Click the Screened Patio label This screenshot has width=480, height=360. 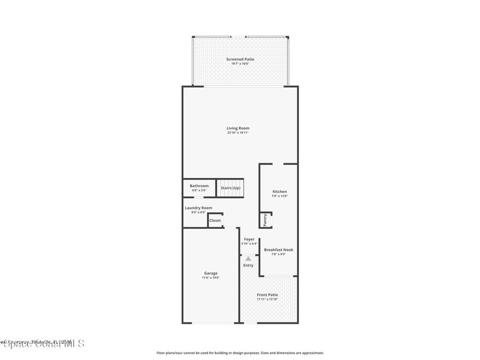[x=240, y=59]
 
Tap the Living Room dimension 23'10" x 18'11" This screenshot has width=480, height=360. [x=238, y=133]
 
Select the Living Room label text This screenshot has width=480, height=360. [x=238, y=128]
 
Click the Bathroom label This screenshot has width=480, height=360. [x=199, y=186]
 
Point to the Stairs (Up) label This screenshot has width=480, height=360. [x=230, y=188]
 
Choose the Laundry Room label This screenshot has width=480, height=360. [x=198, y=208]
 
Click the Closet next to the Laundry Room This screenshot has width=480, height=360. [x=215, y=220]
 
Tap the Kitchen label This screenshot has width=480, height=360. [x=280, y=191]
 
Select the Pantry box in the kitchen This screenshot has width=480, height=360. [x=265, y=219]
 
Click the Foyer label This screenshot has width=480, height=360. [x=249, y=239]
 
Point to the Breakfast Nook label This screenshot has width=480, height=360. [x=278, y=250]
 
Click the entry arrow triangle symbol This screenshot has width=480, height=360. [x=248, y=258]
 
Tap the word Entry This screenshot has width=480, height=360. [x=248, y=265]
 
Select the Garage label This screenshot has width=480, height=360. [x=210, y=273]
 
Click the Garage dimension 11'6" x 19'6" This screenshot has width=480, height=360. [x=210, y=277]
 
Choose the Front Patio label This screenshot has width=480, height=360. [x=267, y=294]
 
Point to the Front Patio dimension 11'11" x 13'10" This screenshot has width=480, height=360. [x=267, y=299]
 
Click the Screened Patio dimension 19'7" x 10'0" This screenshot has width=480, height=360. [x=240, y=64]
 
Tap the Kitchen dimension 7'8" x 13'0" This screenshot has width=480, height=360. [x=280, y=196]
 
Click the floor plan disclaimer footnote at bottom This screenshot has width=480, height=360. [x=240, y=353]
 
